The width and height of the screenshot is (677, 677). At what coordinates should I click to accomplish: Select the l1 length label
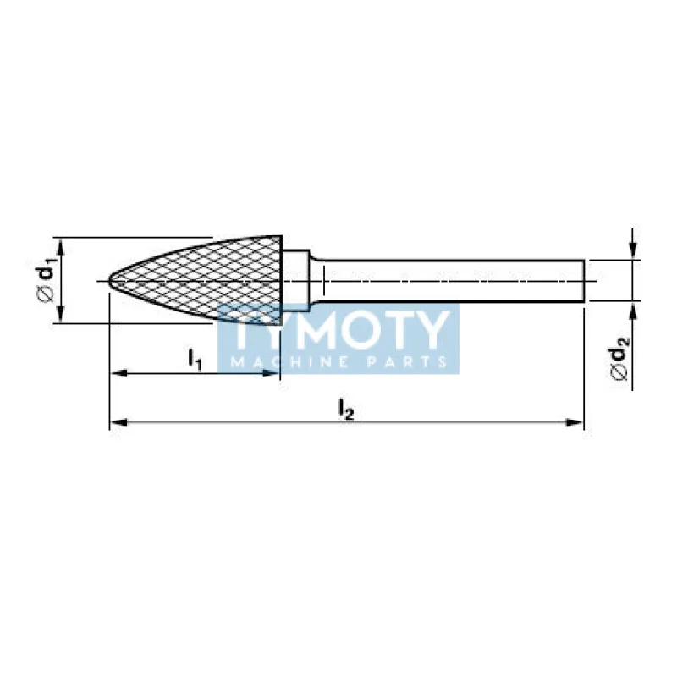195,360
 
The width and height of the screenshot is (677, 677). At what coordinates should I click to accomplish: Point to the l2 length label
346,409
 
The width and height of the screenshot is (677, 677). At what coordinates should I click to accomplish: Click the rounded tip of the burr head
108,281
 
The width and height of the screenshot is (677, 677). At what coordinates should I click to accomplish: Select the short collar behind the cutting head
295,281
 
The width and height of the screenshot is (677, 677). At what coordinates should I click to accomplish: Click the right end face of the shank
584,281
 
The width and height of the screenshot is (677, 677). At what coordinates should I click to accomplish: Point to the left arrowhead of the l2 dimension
118,422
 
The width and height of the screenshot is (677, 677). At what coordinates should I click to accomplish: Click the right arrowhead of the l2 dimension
575,422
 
